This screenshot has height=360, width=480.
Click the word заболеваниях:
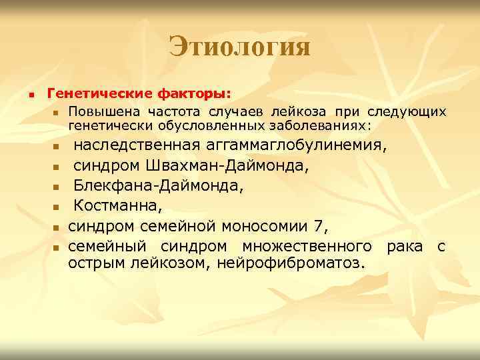(x=315, y=125)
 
